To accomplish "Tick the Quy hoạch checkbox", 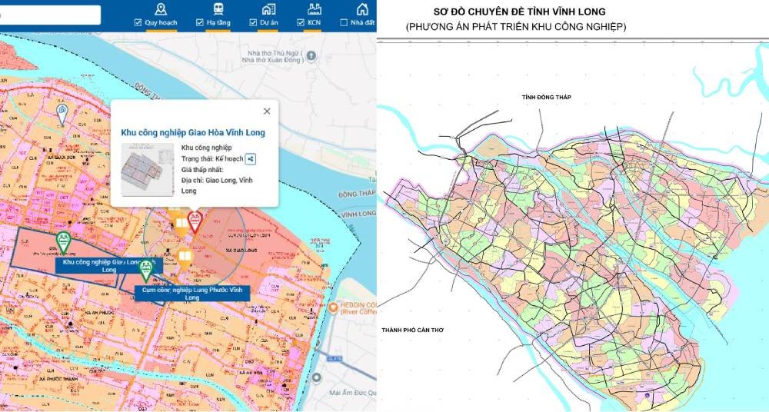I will pos(138,23).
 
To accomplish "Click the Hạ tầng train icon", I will pos(219,9).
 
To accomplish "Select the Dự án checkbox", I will pos(253,23).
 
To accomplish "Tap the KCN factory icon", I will pos(313,9).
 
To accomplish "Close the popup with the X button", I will pos(267,111).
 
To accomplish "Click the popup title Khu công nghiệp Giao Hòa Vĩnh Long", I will pos(193,133).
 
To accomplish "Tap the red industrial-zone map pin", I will pos(195,221).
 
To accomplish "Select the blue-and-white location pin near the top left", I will pos(62,114).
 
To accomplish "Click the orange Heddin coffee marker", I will pos(332,307).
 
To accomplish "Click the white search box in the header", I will pos(50,15).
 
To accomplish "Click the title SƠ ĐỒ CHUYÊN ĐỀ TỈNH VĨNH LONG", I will pos(520,12).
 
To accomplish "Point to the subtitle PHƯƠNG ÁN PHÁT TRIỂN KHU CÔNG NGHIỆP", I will pos(516,27).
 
